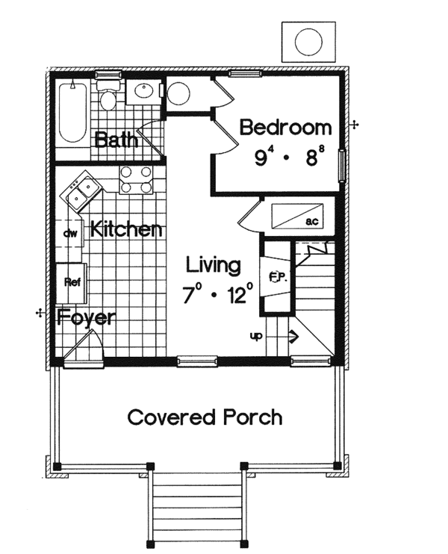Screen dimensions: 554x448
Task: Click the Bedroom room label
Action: click(285, 128)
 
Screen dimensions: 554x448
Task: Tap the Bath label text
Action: click(115, 140)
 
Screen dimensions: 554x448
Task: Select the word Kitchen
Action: click(125, 229)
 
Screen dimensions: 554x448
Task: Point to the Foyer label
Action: click(87, 317)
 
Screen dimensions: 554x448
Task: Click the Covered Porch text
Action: click(205, 417)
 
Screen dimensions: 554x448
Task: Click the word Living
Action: click(214, 265)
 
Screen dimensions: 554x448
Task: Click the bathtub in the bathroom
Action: click(72, 113)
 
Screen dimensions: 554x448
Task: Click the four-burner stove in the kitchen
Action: click(135, 180)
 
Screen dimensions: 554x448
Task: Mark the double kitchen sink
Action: click(83, 190)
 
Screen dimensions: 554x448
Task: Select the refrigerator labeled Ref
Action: click(72, 282)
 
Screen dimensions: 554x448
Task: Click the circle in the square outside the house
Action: click(308, 41)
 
